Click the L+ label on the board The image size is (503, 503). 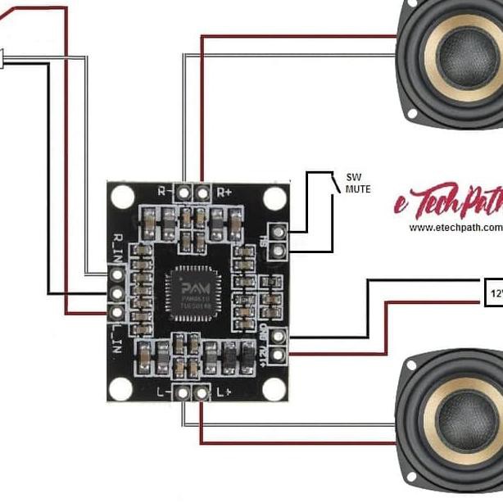[223, 392]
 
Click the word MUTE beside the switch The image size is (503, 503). [357, 189]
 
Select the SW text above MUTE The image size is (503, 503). [353, 177]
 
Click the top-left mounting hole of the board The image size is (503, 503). [123, 195]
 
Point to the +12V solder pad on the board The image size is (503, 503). [278, 353]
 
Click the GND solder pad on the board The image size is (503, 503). [278, 335]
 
